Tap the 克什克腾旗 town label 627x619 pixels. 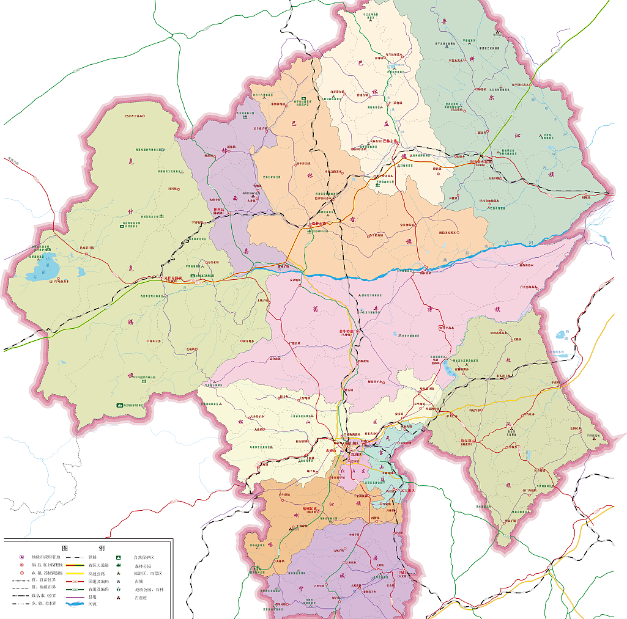(173, 278)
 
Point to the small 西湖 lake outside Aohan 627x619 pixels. (560, 334)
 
